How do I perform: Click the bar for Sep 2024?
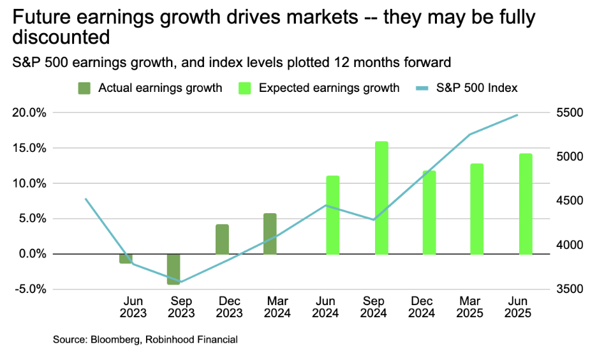point(381,198)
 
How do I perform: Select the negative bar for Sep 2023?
point(173,269)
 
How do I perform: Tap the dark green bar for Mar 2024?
point(270,234)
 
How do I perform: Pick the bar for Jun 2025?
point(526,204)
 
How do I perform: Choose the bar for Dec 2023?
point(222,239)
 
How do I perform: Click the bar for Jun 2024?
point(333,215)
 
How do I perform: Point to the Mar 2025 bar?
point(477,209)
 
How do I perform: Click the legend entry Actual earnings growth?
point(159,88)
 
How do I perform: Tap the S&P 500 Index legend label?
point(477,88)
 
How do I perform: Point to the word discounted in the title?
point(61,38)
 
